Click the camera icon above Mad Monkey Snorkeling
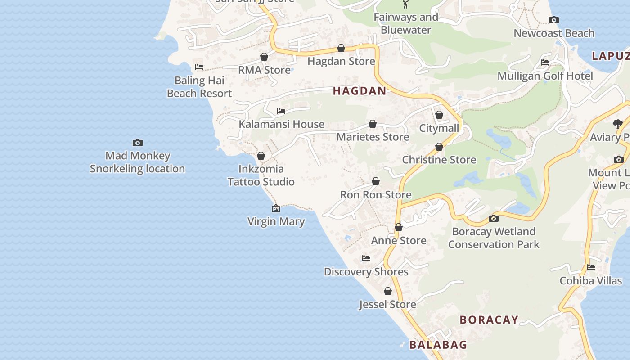click(138, 143)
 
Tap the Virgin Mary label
click(276, 221)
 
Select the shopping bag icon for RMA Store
click(264, 57)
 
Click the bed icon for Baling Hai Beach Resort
click(199, 67)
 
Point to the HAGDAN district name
click(360, 91)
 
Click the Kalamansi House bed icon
click(281, 111)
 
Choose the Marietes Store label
click(373, 137)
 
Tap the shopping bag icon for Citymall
click(439, 115)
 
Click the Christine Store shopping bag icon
click(439, 147)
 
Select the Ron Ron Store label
click(376, 195)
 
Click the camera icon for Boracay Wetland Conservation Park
click(494, 218)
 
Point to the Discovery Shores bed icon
click(366, 258)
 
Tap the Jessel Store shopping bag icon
click(388, 291)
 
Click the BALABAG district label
click(438, 345)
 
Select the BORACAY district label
click(489, 320)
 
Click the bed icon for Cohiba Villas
click(591, 267)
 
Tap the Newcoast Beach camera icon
click(554, 20)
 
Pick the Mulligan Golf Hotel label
click(545, 76)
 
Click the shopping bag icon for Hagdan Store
click(341, 48)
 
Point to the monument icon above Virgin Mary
click(276, 208)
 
